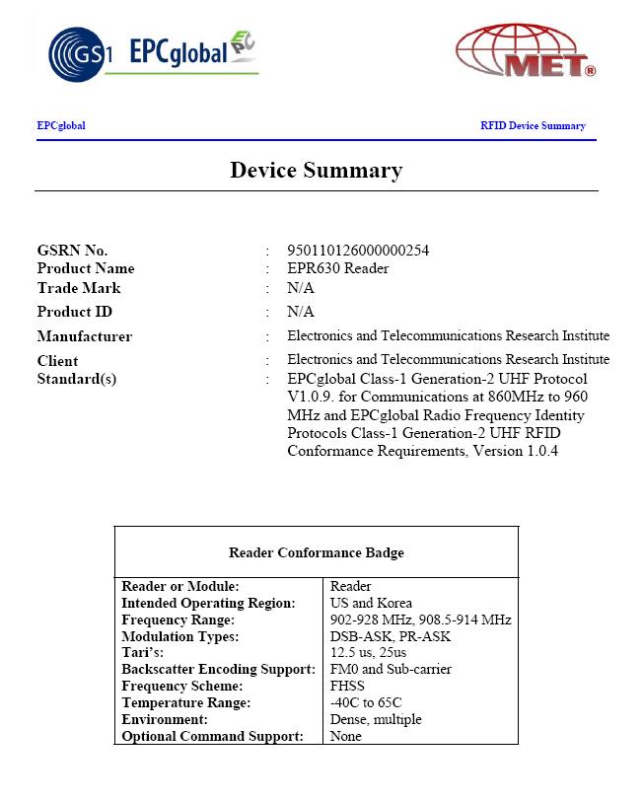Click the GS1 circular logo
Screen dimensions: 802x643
(x=73, y=51)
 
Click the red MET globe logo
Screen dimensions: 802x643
(x=527, y=51)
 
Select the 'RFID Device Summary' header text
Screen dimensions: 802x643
(x=533, y=126)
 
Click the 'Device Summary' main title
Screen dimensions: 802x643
(x=316, y=170)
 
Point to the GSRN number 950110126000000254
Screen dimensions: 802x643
(x=358, y=251)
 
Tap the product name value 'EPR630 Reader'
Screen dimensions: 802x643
(x=337, y=268)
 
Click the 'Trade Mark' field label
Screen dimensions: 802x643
(x=79, y=288)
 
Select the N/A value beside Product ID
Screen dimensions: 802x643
(x=301, y=312)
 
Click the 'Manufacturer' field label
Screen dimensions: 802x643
(x=84, y=336)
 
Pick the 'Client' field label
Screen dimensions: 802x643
(x=57, y=360)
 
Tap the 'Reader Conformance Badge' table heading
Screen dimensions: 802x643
(x=316, y=552)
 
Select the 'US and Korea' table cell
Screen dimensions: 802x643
(x=371, y=603)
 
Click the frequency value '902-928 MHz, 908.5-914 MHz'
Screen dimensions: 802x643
(x=420, y=620)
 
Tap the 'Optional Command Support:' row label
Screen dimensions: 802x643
(x=212, y=736)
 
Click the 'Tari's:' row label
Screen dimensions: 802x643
(x=142, y=653)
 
